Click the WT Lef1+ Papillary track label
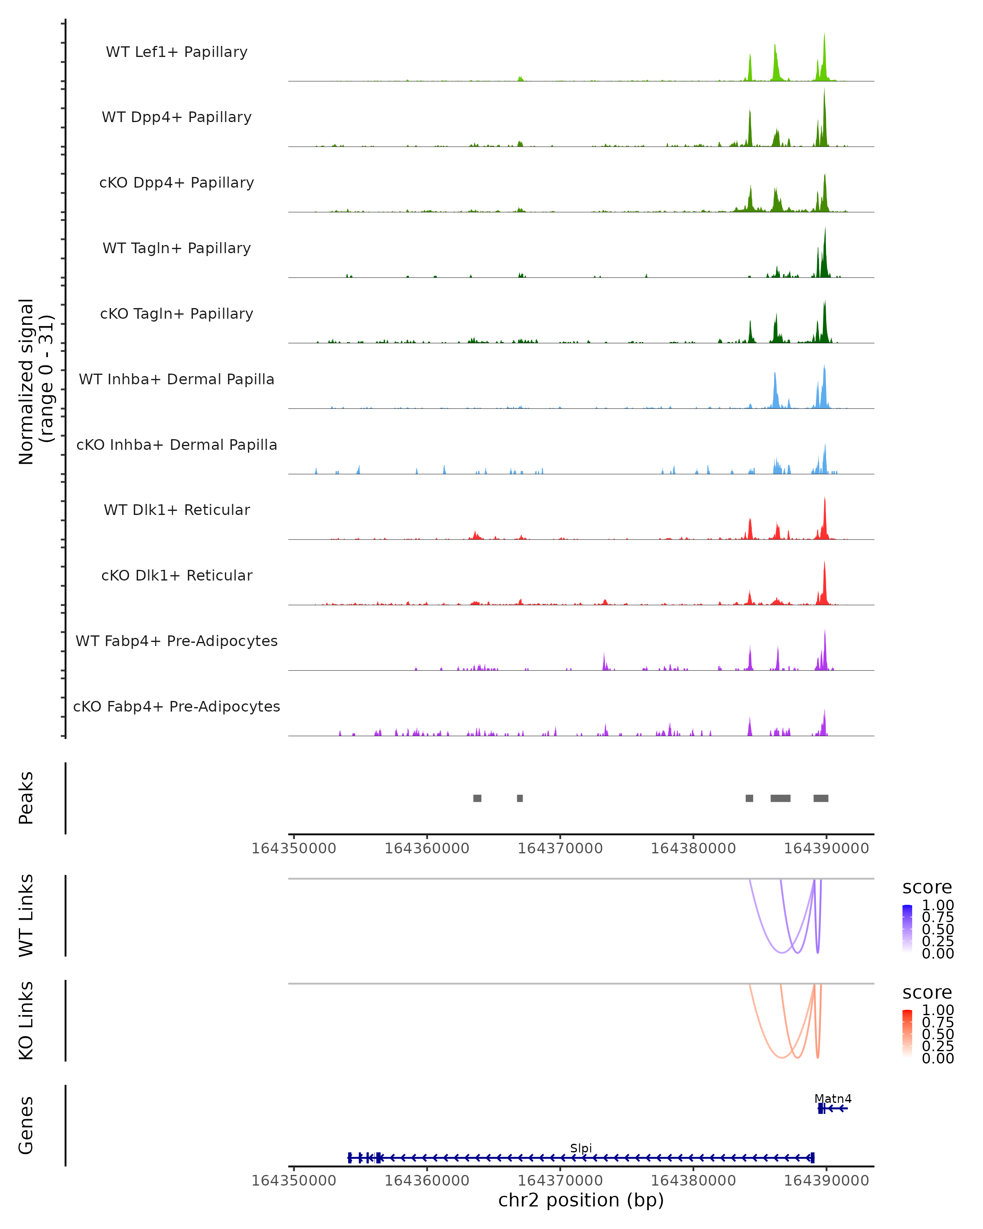(x=177, y=52)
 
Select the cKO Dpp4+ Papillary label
(x=177, y=183)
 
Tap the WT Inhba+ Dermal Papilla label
(x=177, y=380)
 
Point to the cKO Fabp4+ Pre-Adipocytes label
(x=177, y=707)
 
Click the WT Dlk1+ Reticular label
(x=177, y=510)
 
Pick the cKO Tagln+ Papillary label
(x=177, y=314)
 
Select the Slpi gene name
(x=581, y=1148)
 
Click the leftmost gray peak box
(x=477, y=798)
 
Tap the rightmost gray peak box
(x=820, y=798)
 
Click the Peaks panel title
(x=26, y=798)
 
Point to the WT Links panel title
(x=26, y=916)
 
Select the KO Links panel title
(x=26, y=1020)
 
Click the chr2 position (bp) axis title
(x=581, y=1200)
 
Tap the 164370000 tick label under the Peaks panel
(x=559, y=849)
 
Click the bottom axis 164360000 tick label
(x=427, y=1181)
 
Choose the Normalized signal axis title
(x=35, y=381)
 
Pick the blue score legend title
(x=926, y=888)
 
